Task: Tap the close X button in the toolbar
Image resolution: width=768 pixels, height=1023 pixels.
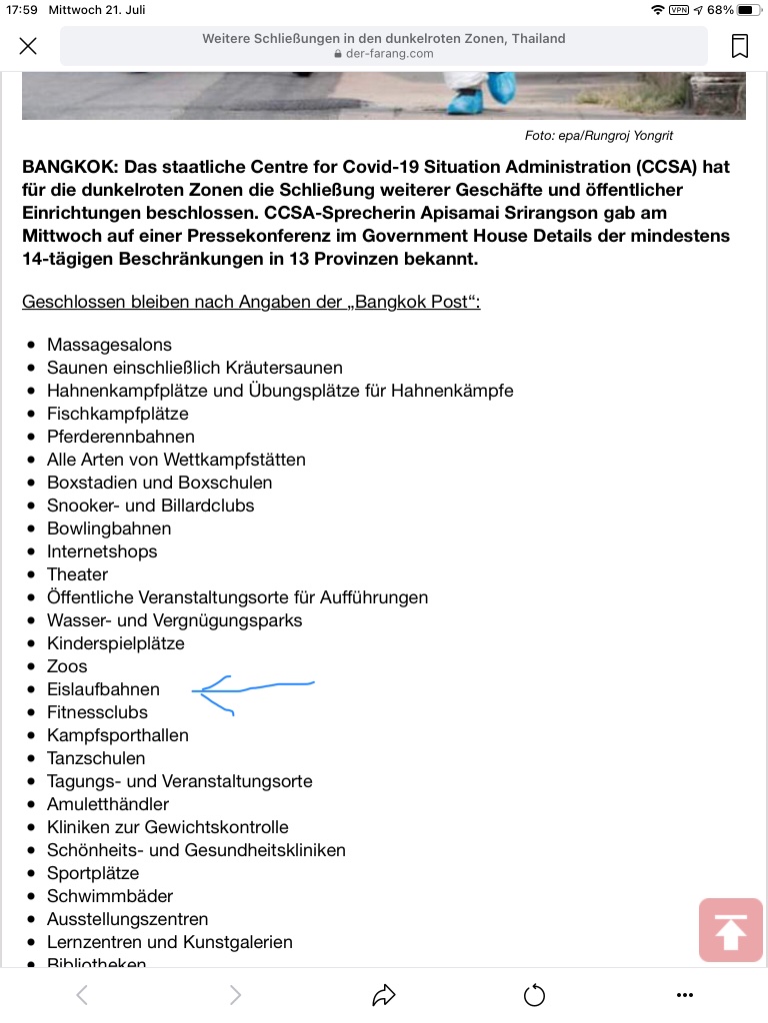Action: tap(28, 46)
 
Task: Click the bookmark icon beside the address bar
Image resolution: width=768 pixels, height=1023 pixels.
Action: tap(740, 46)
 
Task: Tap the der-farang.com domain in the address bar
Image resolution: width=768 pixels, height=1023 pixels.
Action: tap(390, 54)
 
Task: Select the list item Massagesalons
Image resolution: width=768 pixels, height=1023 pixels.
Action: tap(109, 345)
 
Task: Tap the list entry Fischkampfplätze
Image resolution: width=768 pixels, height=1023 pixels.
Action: tap(117, 414)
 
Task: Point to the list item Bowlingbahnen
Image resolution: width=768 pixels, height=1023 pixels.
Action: tap(109, 528)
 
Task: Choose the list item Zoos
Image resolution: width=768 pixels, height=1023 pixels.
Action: tap(67, 666)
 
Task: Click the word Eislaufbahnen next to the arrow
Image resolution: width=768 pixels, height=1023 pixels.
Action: tap(103, 689)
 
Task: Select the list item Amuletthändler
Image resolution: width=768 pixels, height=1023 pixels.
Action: tap(108, 804)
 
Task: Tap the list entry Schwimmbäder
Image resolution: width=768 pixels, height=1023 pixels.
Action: tap(110, 896)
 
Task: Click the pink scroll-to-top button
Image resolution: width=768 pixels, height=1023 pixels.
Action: tap(730, 930)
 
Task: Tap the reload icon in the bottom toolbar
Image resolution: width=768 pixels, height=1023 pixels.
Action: tap(534, 995)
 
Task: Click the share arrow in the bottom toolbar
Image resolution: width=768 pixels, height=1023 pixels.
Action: tap(384, 995)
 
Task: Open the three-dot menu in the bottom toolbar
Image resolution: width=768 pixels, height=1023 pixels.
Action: tap(684, 995)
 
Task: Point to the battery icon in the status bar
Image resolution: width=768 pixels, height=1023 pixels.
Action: tap(748, 10)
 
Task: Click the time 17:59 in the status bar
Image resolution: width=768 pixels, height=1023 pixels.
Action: tap(21, 10)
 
